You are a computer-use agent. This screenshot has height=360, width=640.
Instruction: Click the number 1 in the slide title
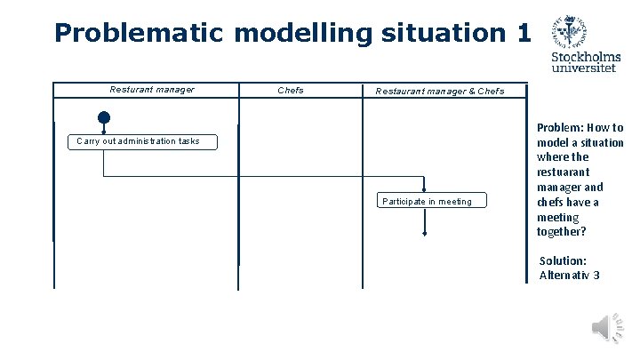522,33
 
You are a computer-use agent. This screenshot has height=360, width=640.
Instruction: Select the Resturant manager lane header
152,90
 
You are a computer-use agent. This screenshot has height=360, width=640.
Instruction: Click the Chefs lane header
291,90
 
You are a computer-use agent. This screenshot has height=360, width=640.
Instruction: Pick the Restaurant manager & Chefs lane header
439,91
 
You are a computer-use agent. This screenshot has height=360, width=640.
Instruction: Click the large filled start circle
104,117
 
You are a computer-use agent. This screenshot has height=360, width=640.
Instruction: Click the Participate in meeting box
427,201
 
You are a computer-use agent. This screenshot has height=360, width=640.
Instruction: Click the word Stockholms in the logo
587,58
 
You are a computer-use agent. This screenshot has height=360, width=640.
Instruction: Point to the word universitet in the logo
587,70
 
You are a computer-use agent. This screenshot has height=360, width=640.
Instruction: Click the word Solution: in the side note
563,260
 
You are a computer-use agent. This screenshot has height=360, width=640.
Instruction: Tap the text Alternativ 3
569,275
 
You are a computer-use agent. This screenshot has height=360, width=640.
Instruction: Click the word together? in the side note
561,232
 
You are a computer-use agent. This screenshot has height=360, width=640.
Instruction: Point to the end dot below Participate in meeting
425,234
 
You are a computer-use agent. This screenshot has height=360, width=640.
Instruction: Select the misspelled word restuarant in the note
563,172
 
